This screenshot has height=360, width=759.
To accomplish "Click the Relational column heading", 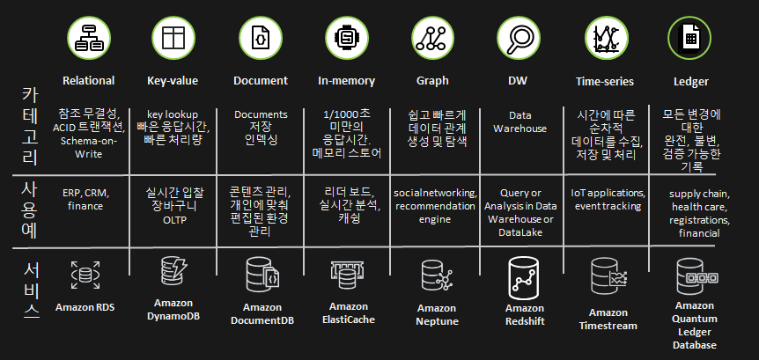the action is click(88, 81).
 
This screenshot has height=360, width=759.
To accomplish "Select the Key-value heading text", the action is click(173, 81).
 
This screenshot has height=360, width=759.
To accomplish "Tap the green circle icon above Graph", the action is click(432, 38).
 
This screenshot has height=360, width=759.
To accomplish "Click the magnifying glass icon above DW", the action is click(518, 38).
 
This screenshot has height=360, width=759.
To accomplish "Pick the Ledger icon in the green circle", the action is click(689, 38).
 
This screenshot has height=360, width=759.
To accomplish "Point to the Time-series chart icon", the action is click(604, 38).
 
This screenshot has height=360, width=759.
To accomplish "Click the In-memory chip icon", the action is click(346, 38).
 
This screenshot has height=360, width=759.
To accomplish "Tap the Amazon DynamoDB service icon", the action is click(173, 272).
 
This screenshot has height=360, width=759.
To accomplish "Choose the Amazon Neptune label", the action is click(437, 314).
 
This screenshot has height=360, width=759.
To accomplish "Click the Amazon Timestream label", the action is click(608, 319).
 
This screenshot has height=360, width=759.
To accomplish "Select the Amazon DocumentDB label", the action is click(262, 314).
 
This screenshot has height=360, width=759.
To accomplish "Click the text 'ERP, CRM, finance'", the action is click(85, 199).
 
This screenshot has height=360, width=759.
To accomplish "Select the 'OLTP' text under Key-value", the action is click(173, 219).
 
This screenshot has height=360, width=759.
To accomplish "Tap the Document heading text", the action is click(261, 81).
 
